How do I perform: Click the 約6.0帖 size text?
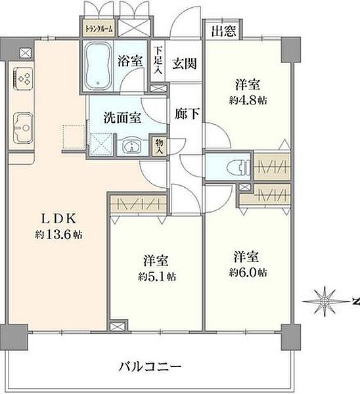pos(248,272)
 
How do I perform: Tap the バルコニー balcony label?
pos(151,366)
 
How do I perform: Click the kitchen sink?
pos(23,125)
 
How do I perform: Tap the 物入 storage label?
pos(158,145)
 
